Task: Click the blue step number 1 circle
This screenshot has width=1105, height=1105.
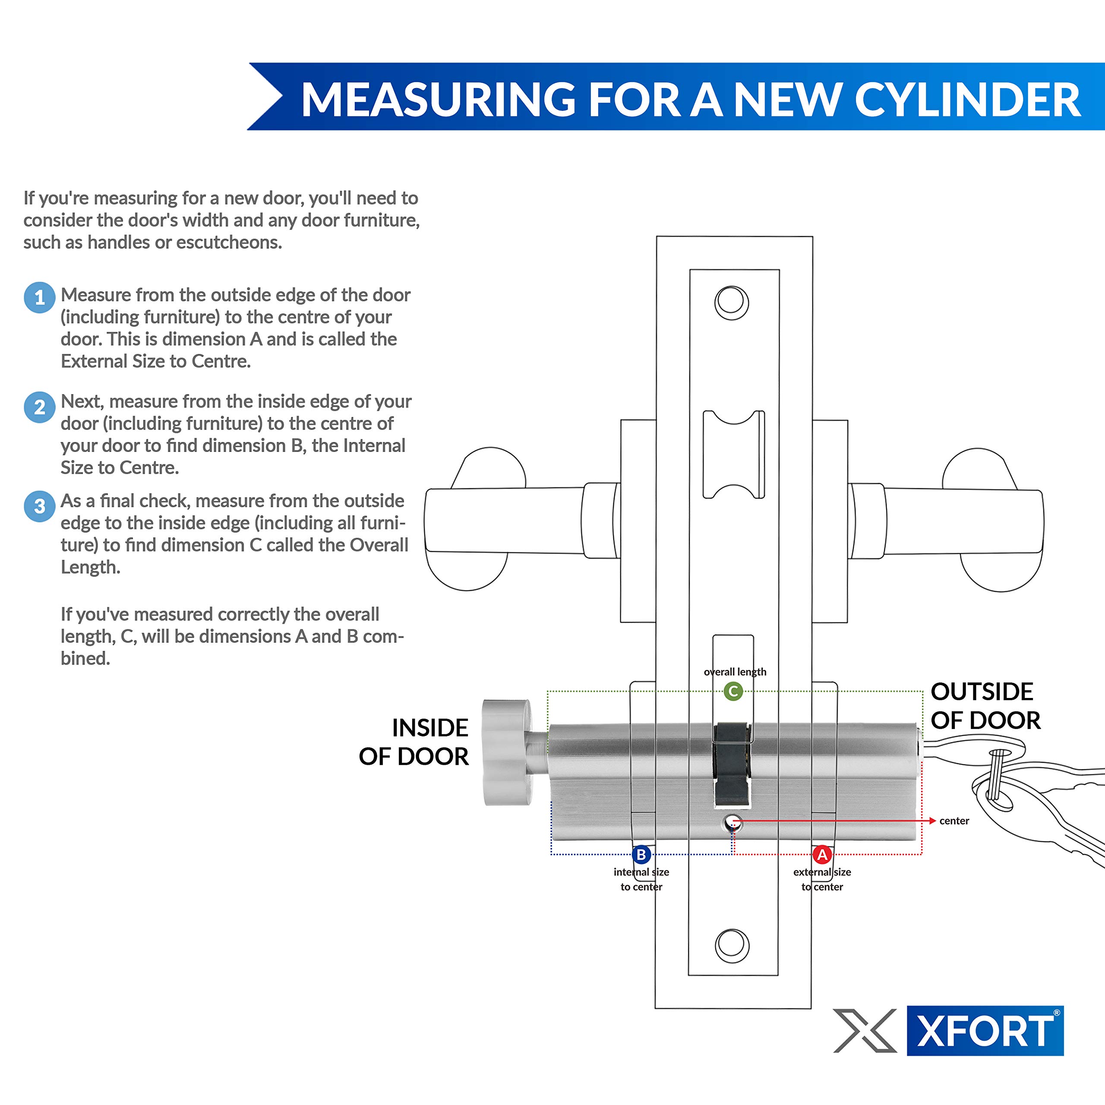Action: click(x=39, y=297)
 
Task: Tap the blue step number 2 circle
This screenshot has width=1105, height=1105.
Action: click(x=39, y=407)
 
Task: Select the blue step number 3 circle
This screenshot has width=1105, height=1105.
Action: click(x=39, y=506)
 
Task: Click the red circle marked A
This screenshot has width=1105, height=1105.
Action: click(x=822, y=855)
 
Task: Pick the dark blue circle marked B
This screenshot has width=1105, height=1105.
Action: click(x=641, y=855)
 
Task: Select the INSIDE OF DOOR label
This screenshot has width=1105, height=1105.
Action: click(x=414, y=742)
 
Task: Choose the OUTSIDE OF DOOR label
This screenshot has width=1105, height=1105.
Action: click(x=985, y=706)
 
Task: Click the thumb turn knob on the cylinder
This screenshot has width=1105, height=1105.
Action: click(x=507, y=752)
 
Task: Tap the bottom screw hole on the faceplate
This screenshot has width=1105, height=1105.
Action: click(x=732, y=945)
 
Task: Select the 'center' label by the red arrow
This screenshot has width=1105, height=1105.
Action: click(x=954, y=821)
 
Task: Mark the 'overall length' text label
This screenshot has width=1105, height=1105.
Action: click(x=735, y=672)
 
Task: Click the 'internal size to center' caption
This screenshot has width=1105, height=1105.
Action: click(x=641, y=879)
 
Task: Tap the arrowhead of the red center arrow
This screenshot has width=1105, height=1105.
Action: click(x=932, y=821)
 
